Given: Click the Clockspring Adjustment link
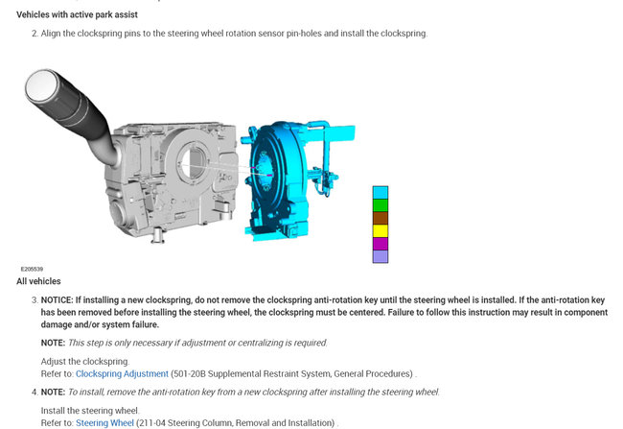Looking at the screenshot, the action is [x=122, y=374].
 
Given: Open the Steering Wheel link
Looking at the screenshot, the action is [x=104, y=423].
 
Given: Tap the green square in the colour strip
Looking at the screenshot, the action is [x=381, y=205].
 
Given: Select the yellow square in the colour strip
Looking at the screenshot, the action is [x=381, y=231].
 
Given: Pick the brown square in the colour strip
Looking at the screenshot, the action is [x=381, y=218].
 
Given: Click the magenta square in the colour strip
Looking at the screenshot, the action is [x=381, y=244].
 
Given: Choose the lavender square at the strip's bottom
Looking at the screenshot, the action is [x=381, y=256].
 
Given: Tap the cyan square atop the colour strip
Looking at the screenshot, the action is [x=381, y=193].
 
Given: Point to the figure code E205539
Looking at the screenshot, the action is [x=32, y=269].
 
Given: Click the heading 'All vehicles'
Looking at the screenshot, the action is [x=38, y=281].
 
